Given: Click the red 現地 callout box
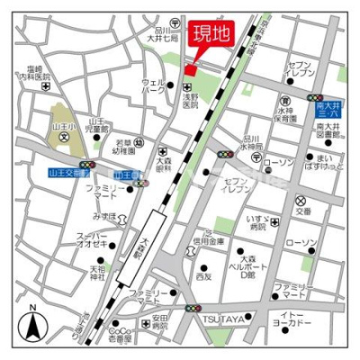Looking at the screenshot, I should pos(205,34).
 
